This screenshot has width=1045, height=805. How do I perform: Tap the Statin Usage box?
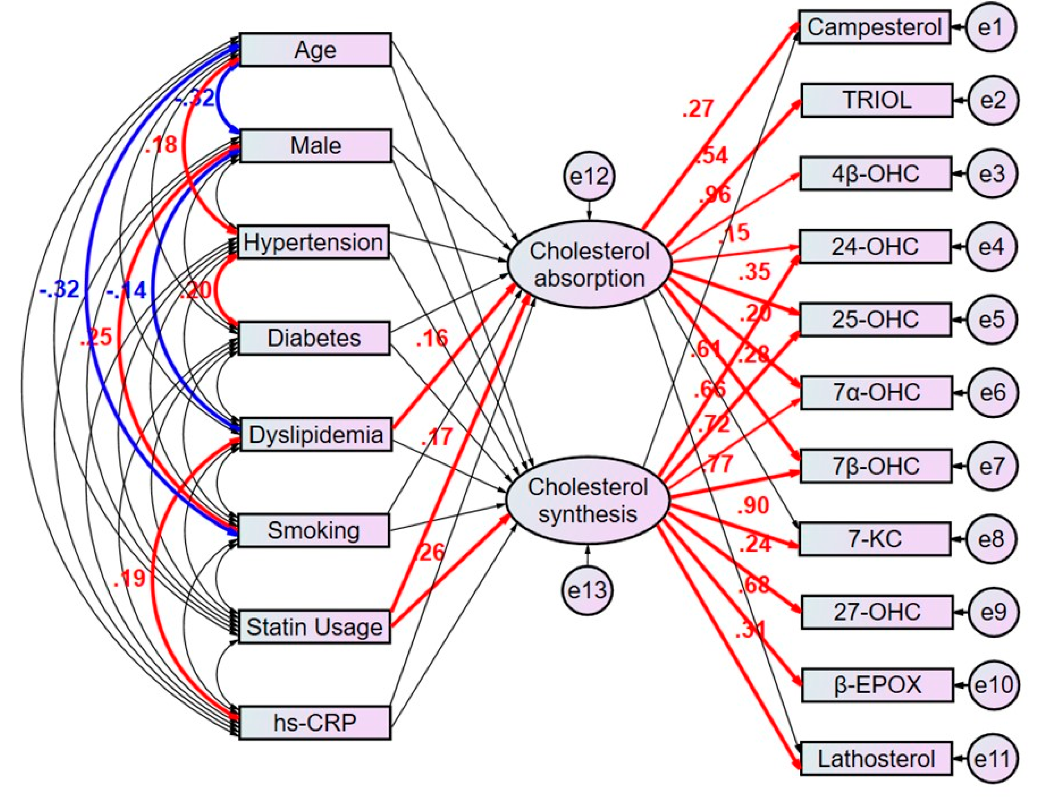[x=314, y=627]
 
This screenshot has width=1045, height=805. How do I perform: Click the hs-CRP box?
[x=315, y=723]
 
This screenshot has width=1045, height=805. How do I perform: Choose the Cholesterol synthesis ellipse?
[x=588, y=501]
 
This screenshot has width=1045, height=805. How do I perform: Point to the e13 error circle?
[x=587, y=590]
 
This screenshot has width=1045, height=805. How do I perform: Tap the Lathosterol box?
[x=876, y=759]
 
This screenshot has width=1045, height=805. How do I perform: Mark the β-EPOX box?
[x=877, y=685]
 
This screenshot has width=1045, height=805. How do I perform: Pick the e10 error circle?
[x=993, y=685]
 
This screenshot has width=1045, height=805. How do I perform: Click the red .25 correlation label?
[x=96, y=337]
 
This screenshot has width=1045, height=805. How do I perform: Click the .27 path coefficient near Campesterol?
[x=698, y=108]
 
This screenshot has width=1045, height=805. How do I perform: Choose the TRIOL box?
[x=877, y=100]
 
